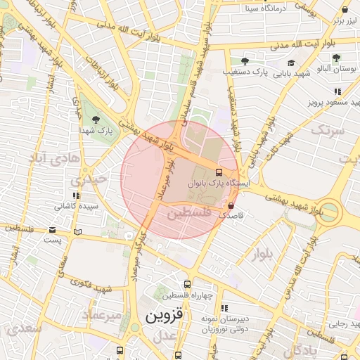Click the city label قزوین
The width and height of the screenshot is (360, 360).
click(x=164, y=316)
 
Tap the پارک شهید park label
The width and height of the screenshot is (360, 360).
click(x=96, y=131)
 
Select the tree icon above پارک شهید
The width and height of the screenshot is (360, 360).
click(x=95, y=119)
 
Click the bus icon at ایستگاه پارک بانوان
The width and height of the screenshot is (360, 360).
click(x=219, y=172)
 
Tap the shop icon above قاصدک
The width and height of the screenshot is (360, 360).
click(x=231, y=205)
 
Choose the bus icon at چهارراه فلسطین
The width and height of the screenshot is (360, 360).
click(x=186, y=283)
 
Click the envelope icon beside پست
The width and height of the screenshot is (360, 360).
click(x=53, y=230)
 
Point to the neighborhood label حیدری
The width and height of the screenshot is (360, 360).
click(x=93, y=179)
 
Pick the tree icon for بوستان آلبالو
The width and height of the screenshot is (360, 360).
click(x=337, y=58)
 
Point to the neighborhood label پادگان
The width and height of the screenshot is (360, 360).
click(x=304, y=349)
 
